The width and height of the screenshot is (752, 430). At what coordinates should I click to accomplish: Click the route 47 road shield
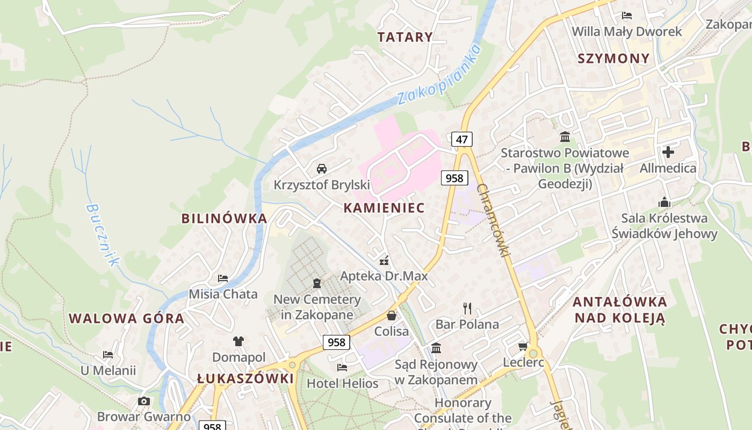click(461, 140)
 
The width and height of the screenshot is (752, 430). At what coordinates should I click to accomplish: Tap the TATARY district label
click(404, 37)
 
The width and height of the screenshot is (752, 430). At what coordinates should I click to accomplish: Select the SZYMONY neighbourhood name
click(613, 58)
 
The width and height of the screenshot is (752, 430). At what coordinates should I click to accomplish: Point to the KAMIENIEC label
click(384, 207)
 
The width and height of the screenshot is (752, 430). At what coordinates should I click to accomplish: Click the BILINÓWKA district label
click(224, 218)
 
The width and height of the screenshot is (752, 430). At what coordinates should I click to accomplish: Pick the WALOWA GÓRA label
click(127, 318)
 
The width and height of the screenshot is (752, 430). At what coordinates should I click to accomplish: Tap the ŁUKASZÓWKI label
click(245, 378)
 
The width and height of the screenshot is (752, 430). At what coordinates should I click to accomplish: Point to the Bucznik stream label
click(102, 235)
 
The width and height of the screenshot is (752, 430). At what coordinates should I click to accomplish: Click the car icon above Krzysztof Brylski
click(322, 169)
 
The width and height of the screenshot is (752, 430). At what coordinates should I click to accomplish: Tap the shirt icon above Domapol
click(238, 341)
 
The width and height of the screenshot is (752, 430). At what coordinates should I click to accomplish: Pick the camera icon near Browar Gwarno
click(143, 401)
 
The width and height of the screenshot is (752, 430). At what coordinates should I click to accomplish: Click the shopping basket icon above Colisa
click(392, 316)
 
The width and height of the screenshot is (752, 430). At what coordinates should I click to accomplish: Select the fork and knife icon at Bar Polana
click(467, 308)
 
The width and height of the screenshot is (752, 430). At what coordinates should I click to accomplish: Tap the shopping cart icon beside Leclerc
click(523, 347)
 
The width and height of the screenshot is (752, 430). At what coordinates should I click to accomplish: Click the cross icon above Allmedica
click(668, 152)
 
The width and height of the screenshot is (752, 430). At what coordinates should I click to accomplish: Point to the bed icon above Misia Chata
click(223, 278)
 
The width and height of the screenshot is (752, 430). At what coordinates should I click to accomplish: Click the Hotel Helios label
click(343, 384)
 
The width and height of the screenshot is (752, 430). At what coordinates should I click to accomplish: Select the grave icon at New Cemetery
click(317, 283)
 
